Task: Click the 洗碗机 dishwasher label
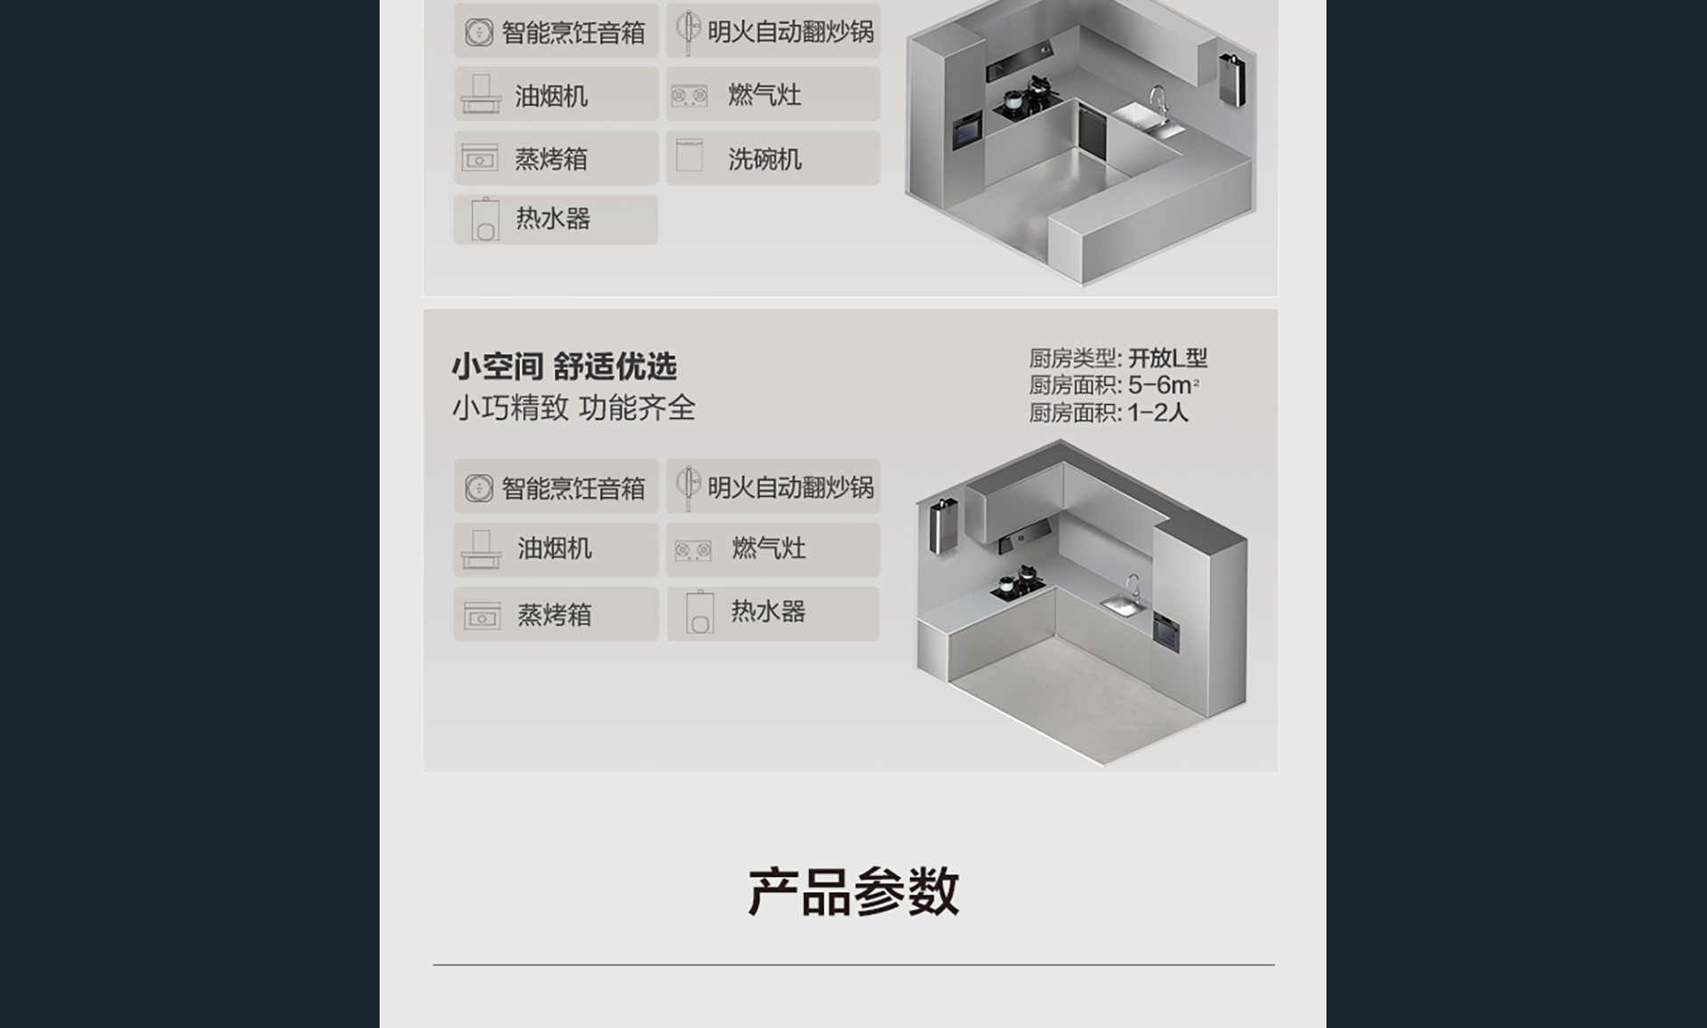pyautogui.click(x=765, y=159)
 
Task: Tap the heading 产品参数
pyautogui.click(x=853, y=891)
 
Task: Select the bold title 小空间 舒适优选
pyautogui.click(x=564, y=366)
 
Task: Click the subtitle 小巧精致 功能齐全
pyautogui.click(x=573, y=408)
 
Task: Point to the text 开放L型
pyautogui.click(x=1167, y=358)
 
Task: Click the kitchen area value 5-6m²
pyautogui.click(x=1164, y=385)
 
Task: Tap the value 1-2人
pyautogui.click(x=1158, y=413)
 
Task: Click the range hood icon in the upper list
pyautogui.click(x=481, y=94)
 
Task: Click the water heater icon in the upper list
pyautogui.click(x=485, y=220)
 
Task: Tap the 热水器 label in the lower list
pyautogui.click(x=768, y=612)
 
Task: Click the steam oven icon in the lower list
pyautogui.click(x=482, y=615)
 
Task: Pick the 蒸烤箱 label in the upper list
pyautogui.click(x=551, y=159)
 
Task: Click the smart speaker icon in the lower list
pyautogui.click(x=479, y=488)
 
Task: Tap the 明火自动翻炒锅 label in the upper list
pyautogui.click(x=790, y=32)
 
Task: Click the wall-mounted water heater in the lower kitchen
pyautogui.click(x=942, y=526)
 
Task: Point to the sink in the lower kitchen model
pyautogui.click(x=1123, y=606)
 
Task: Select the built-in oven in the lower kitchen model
pyautogui.click(x=1166, y=632)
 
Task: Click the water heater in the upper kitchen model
pyautogui.click(x=1231, y=79)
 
